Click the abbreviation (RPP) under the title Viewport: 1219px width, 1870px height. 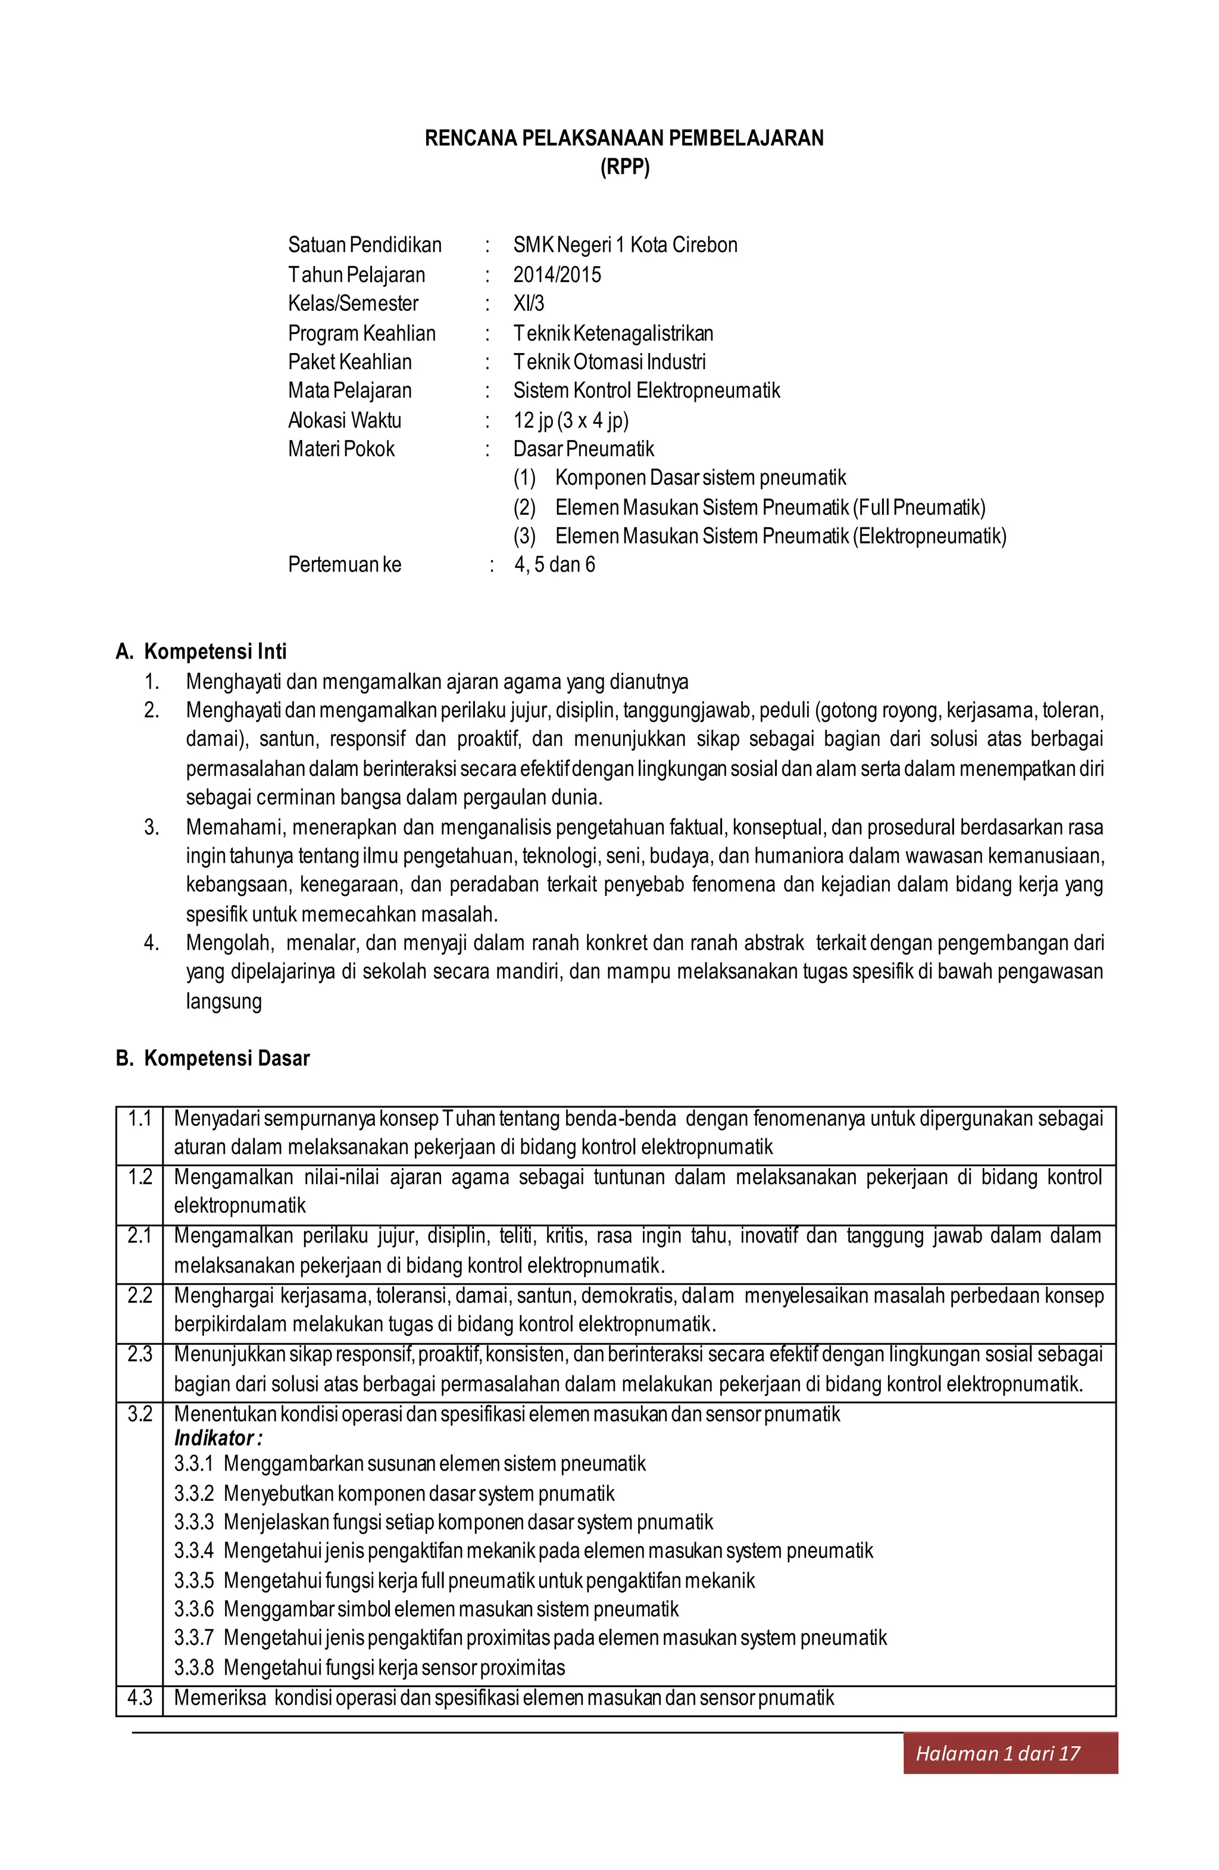(624, 167)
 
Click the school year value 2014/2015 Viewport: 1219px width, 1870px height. (557, 275)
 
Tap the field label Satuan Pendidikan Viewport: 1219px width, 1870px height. (364, 245)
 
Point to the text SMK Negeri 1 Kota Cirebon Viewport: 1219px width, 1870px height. (625, 245)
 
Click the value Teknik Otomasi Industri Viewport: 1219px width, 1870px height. (609, 362)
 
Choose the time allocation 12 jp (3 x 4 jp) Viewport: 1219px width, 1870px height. (571, 420)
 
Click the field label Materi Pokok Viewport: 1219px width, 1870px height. (341, 449)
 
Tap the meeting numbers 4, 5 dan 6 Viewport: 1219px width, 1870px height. (555, 565)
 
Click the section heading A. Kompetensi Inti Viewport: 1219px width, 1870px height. (201, 651)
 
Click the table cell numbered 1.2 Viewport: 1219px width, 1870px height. (140, 1177)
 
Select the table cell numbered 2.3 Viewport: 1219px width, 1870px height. (140, 1354)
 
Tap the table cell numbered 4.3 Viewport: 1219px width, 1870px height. (140, 1697)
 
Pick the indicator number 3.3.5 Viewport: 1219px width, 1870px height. (194, 1580)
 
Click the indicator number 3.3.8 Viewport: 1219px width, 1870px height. (194, 1668)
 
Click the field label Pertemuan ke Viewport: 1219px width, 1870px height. (344, 565)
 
